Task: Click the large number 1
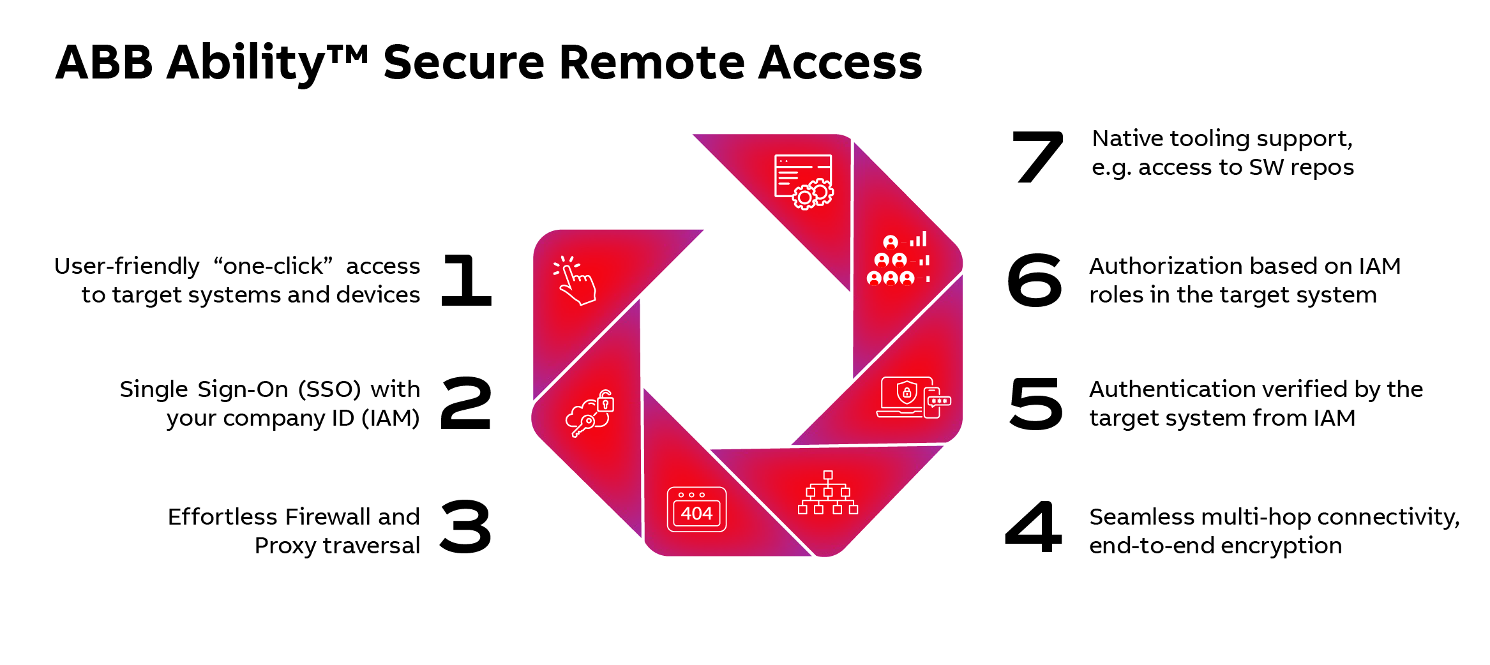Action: [467, 280]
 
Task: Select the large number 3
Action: [467, 527]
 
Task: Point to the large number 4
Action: [1034, 527]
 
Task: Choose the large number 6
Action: [1035, 280]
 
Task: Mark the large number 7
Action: [1038, 157]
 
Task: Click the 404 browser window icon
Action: [696, 509]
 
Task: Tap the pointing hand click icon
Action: [575, 280]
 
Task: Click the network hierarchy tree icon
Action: [828, 493]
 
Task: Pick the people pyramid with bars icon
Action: [899, 259]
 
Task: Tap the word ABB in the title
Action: [104, 63]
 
